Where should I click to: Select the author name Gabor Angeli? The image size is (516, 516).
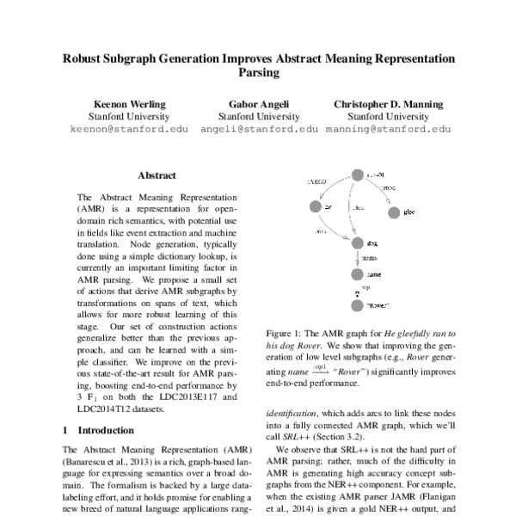pos(257,104)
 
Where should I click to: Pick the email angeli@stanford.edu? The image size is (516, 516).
pos(257,131)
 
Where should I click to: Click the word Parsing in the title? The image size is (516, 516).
pos(257,74)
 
